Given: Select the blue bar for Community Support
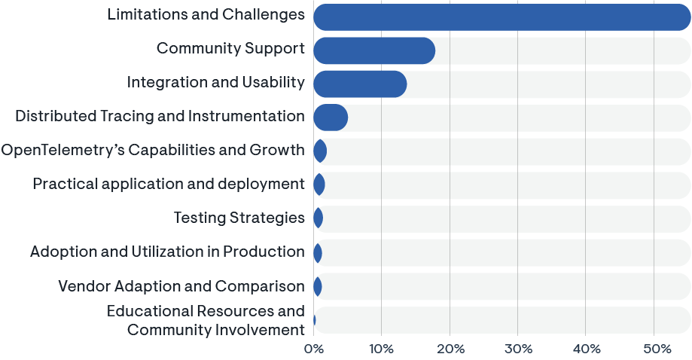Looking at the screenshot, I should [x=373, y=50].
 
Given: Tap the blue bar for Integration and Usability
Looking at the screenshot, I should [x=360, y=84].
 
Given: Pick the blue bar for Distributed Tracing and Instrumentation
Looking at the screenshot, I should [x=330, y=117].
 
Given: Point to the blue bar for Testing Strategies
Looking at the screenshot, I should [x=318, y=218].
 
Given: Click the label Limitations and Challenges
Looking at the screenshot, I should [x=206, y=15].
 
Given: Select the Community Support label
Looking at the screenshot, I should [x=230, y=49].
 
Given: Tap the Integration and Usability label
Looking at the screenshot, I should [x=216, y=83].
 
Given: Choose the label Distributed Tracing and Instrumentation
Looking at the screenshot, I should [x=160, y=117].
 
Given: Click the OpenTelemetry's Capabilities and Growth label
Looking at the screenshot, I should [x=153, y=150].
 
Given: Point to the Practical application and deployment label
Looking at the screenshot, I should [x=169, y=184].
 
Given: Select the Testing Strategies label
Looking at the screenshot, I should [x=239, y=218].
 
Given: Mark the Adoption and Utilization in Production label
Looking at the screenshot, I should [x=167, y=252].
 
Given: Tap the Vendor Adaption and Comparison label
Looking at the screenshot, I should [x=181, y=286].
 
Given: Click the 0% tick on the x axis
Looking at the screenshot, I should [x=313, y=349].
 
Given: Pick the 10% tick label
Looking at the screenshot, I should [x=381, y=349].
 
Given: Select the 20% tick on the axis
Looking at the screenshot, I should [x=450, y=349].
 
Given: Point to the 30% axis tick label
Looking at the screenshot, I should [x=518, y=349].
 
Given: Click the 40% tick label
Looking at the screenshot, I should [x=586, y=349].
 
